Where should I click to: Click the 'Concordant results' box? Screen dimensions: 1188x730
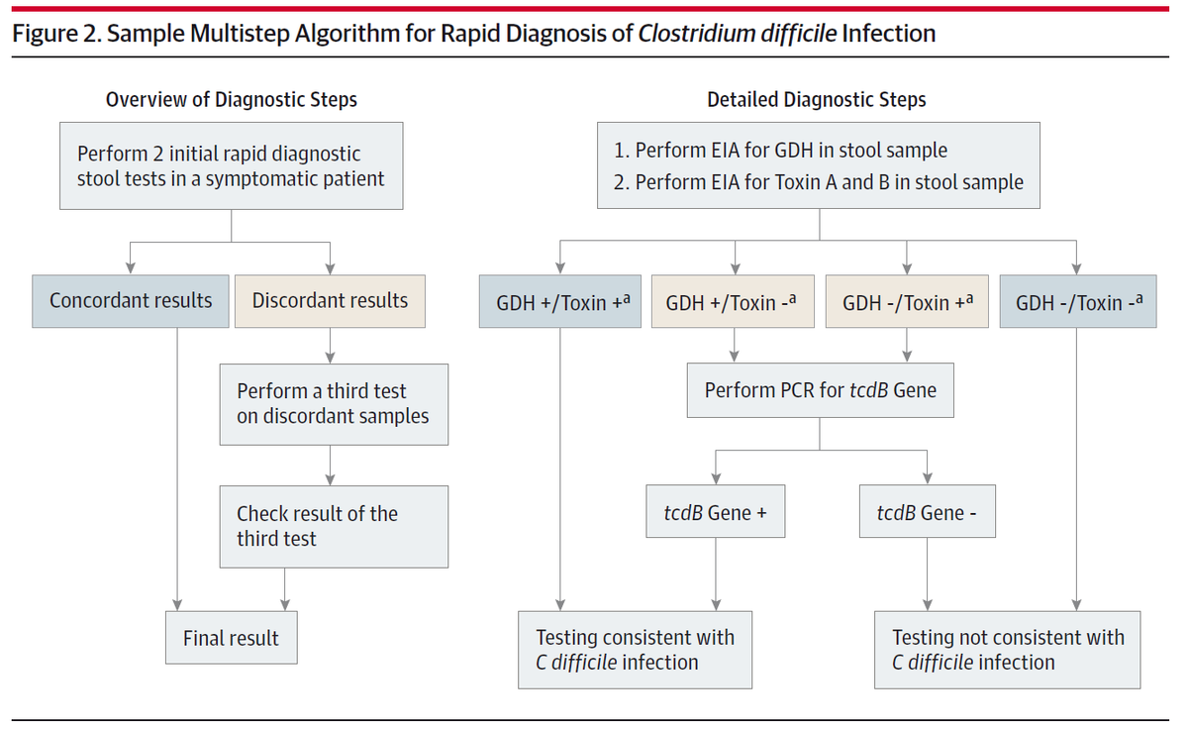[x=131, y=301]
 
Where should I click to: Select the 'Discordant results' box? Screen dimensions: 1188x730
[x=330, y=301]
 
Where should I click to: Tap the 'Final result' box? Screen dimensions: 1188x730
[x=232, y=637]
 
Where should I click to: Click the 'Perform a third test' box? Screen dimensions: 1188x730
[x=335, y=404]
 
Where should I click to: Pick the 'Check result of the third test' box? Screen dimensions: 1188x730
[x=335, y=527]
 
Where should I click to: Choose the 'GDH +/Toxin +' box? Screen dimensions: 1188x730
[x=560, y=301]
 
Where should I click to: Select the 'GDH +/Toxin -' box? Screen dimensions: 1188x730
[x=733, y=301]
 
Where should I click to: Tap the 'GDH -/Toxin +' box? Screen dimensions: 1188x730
[x=907, y=301]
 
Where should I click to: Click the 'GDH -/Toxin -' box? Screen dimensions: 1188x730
[x=1078, y=301]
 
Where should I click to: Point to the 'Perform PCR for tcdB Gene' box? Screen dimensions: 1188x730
[x=821, y=390]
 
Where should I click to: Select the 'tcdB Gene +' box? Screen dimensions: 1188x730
[x=716, y=511]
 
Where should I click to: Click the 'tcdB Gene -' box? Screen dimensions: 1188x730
[x=928, y=511]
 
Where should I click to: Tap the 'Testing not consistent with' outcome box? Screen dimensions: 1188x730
[x=1008, y=650]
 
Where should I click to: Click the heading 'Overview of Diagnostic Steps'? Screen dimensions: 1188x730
[x=232, y=99]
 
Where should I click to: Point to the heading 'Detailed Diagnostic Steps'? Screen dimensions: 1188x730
[x=817, y=99]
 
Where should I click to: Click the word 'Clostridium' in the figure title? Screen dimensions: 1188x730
[x=696, y=33]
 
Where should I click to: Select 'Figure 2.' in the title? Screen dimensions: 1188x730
[x=56, y=34]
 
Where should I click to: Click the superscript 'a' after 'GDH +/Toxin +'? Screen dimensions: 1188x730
[x=627, y=299]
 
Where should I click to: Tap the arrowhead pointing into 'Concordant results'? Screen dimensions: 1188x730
[x=131, y=267]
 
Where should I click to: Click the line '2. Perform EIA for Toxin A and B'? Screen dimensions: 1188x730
[x=819, y=182]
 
